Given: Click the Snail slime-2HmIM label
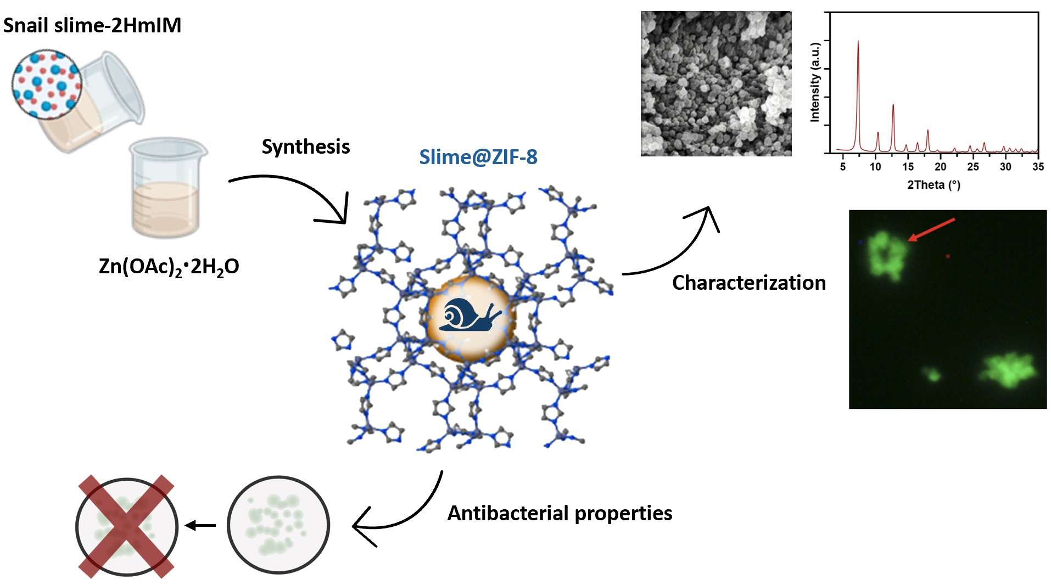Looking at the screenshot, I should pos(92,26).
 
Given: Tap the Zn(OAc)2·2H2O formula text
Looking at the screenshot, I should pos(169,267).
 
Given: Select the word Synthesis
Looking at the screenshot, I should pos(305,147).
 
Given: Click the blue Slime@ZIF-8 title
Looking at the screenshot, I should pos(478,157).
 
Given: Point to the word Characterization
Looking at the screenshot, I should pos(748,283).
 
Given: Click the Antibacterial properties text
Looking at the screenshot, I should pos(560,513).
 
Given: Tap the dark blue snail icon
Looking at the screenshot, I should pos(470,316).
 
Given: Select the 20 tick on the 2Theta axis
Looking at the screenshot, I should pos(941,166).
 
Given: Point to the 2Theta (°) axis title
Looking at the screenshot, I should pos(933,184).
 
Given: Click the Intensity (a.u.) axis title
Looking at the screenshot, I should pos(815,82).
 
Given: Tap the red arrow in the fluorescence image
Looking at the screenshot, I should pos(931,229).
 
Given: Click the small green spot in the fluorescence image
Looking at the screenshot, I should pos(932,375).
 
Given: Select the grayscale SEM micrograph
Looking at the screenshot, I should pos(716,83).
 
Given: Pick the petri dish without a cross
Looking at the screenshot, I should pos(278,525).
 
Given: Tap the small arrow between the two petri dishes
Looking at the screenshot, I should pos(200,526).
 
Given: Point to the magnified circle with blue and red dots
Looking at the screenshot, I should pos(47,83).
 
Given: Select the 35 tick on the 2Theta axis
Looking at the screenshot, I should pos(1038,166).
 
